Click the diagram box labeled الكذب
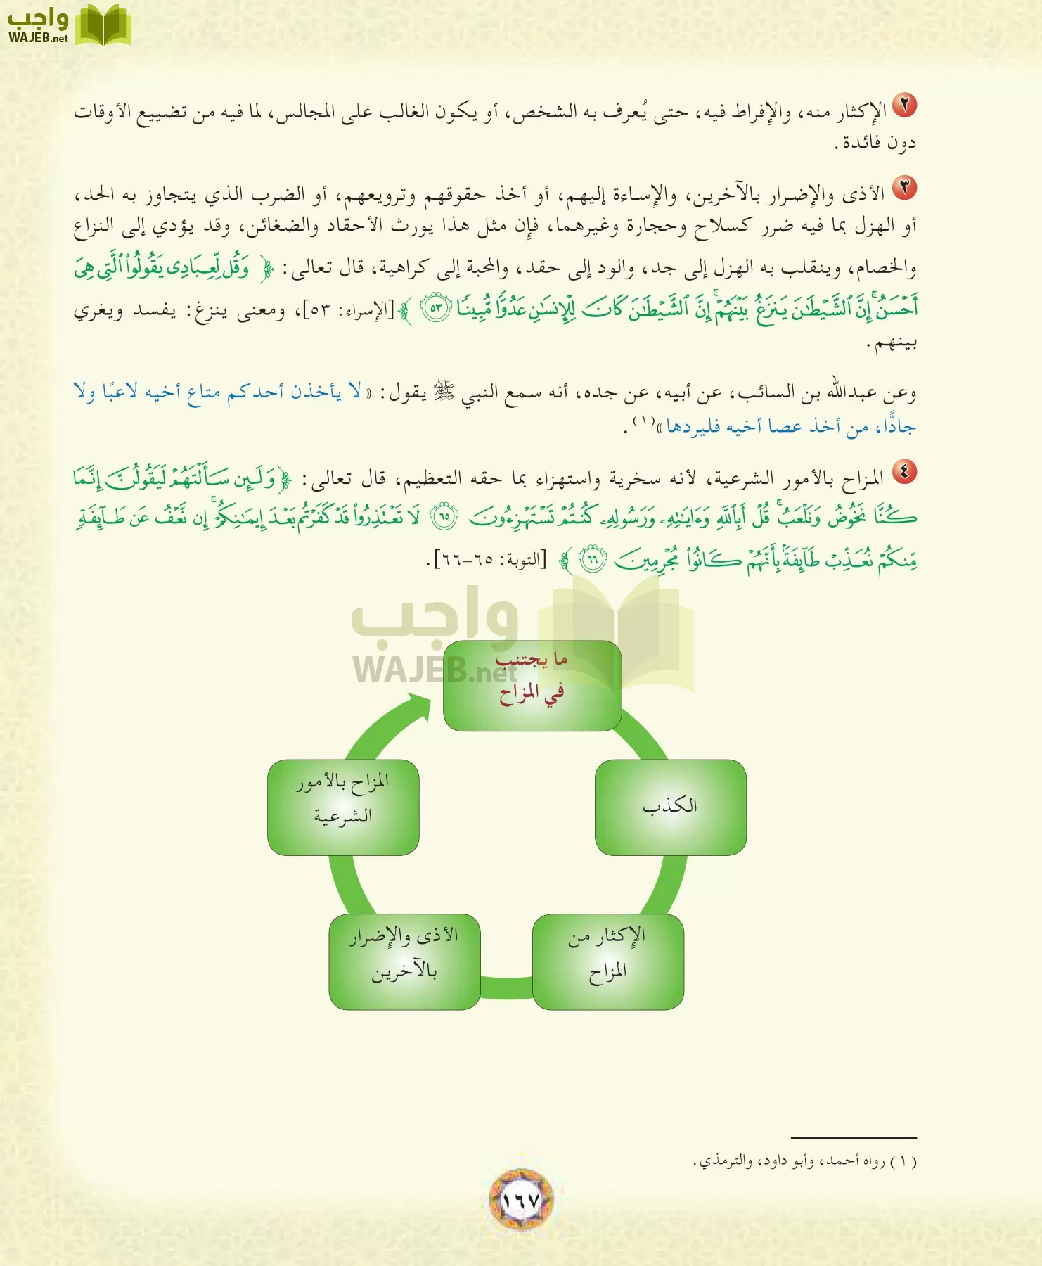(x=670, y=807)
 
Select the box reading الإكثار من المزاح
(x=608, y=961)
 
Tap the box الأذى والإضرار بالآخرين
(x=404, y=961)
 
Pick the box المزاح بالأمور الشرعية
(x=343, y=807)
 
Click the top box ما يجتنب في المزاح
(x=532, y=685)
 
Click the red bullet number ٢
(x=904, y=105)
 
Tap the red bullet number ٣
(x=904, y=187)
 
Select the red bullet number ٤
(x=904, y=473)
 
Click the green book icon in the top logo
(x=103, y=25)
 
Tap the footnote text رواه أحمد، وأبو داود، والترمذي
(x=805, y=1161)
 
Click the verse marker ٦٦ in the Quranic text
(x=592, y=561)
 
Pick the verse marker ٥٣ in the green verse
(x=435, y=309)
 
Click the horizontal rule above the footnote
(x=854, y=1137)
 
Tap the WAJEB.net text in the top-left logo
(x=38, y=38)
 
